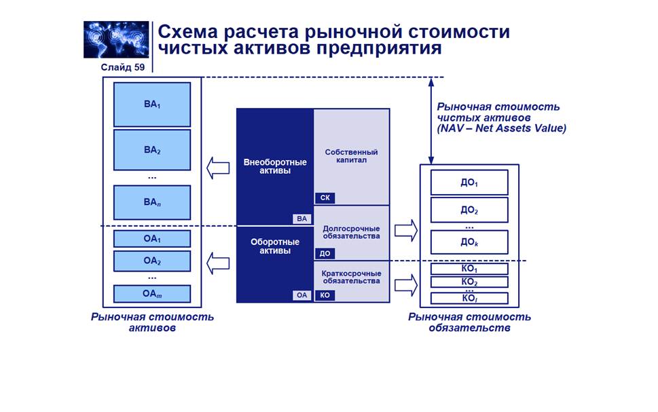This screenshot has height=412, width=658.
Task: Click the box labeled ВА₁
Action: (x=152, y=105)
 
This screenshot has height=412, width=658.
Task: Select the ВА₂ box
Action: (x=152, y=149)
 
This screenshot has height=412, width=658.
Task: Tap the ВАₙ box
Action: (x=152, y=202)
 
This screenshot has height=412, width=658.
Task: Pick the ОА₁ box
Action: (x=152, y=239)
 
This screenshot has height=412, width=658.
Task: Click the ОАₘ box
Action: (x=152, y=294)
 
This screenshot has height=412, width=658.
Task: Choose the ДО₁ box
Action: (x=469, y=183)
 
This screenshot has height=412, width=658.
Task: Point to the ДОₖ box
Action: (x=469, y=242)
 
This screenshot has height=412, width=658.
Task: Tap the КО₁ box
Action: (x=469, y=269)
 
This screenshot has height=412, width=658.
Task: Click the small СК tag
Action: (x=325, y=198)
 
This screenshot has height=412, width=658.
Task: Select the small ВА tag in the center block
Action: (x=302, y=219)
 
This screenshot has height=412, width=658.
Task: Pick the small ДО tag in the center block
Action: (x=325, y=254)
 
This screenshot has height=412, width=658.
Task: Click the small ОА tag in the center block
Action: (x=302, y=295)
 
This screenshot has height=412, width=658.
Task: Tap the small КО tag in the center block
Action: (x=325, y=295)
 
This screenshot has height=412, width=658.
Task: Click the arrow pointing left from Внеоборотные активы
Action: (x=219, y=168)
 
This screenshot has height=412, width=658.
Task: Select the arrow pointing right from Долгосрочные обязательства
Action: (x=406, y=231)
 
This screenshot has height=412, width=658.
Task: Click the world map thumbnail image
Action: (x=116, y=39)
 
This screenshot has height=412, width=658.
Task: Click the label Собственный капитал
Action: (x=351, y=157)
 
